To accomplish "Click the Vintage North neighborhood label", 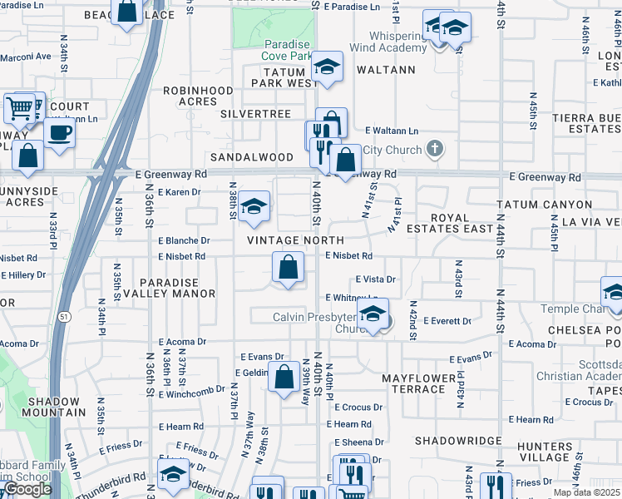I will pos(284,240).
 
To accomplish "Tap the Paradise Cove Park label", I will pos(287,50).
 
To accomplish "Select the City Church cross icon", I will pos(432,150).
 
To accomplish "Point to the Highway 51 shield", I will pos(65,316).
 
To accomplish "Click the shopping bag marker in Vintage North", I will pos(288,268).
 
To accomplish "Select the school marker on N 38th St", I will pos(254,208).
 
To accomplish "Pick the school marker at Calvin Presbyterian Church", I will pos(373,315).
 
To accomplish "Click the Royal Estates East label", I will pos(462,223).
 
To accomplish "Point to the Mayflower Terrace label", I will pos(420,383).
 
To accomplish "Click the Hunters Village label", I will pos(543,452).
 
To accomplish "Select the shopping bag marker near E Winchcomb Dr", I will pos(284,377).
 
